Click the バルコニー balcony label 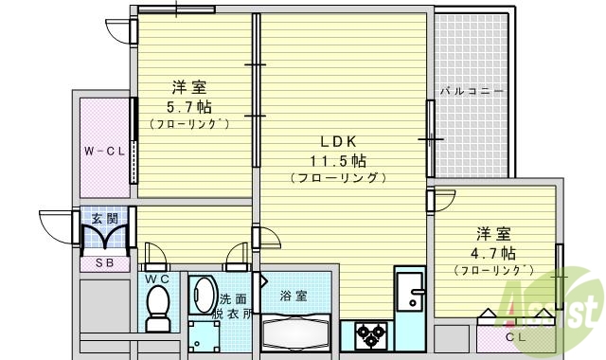click(472, 92)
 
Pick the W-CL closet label click(103, 150)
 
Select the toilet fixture click(157, 308)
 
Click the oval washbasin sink click(203, 295)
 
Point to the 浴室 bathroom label click(294, 296)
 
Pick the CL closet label click(515, 335)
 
